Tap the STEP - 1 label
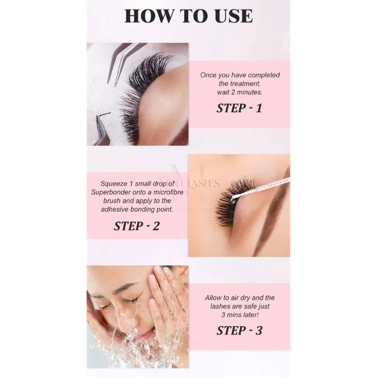(239, 108)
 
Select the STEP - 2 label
(137, 226)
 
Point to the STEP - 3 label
(239, 330)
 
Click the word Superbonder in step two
(112, 191)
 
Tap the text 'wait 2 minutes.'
(239, 92)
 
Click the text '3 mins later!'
(239, 315)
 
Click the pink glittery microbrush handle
(269, 186)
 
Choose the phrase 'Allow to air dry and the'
(239, 298)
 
